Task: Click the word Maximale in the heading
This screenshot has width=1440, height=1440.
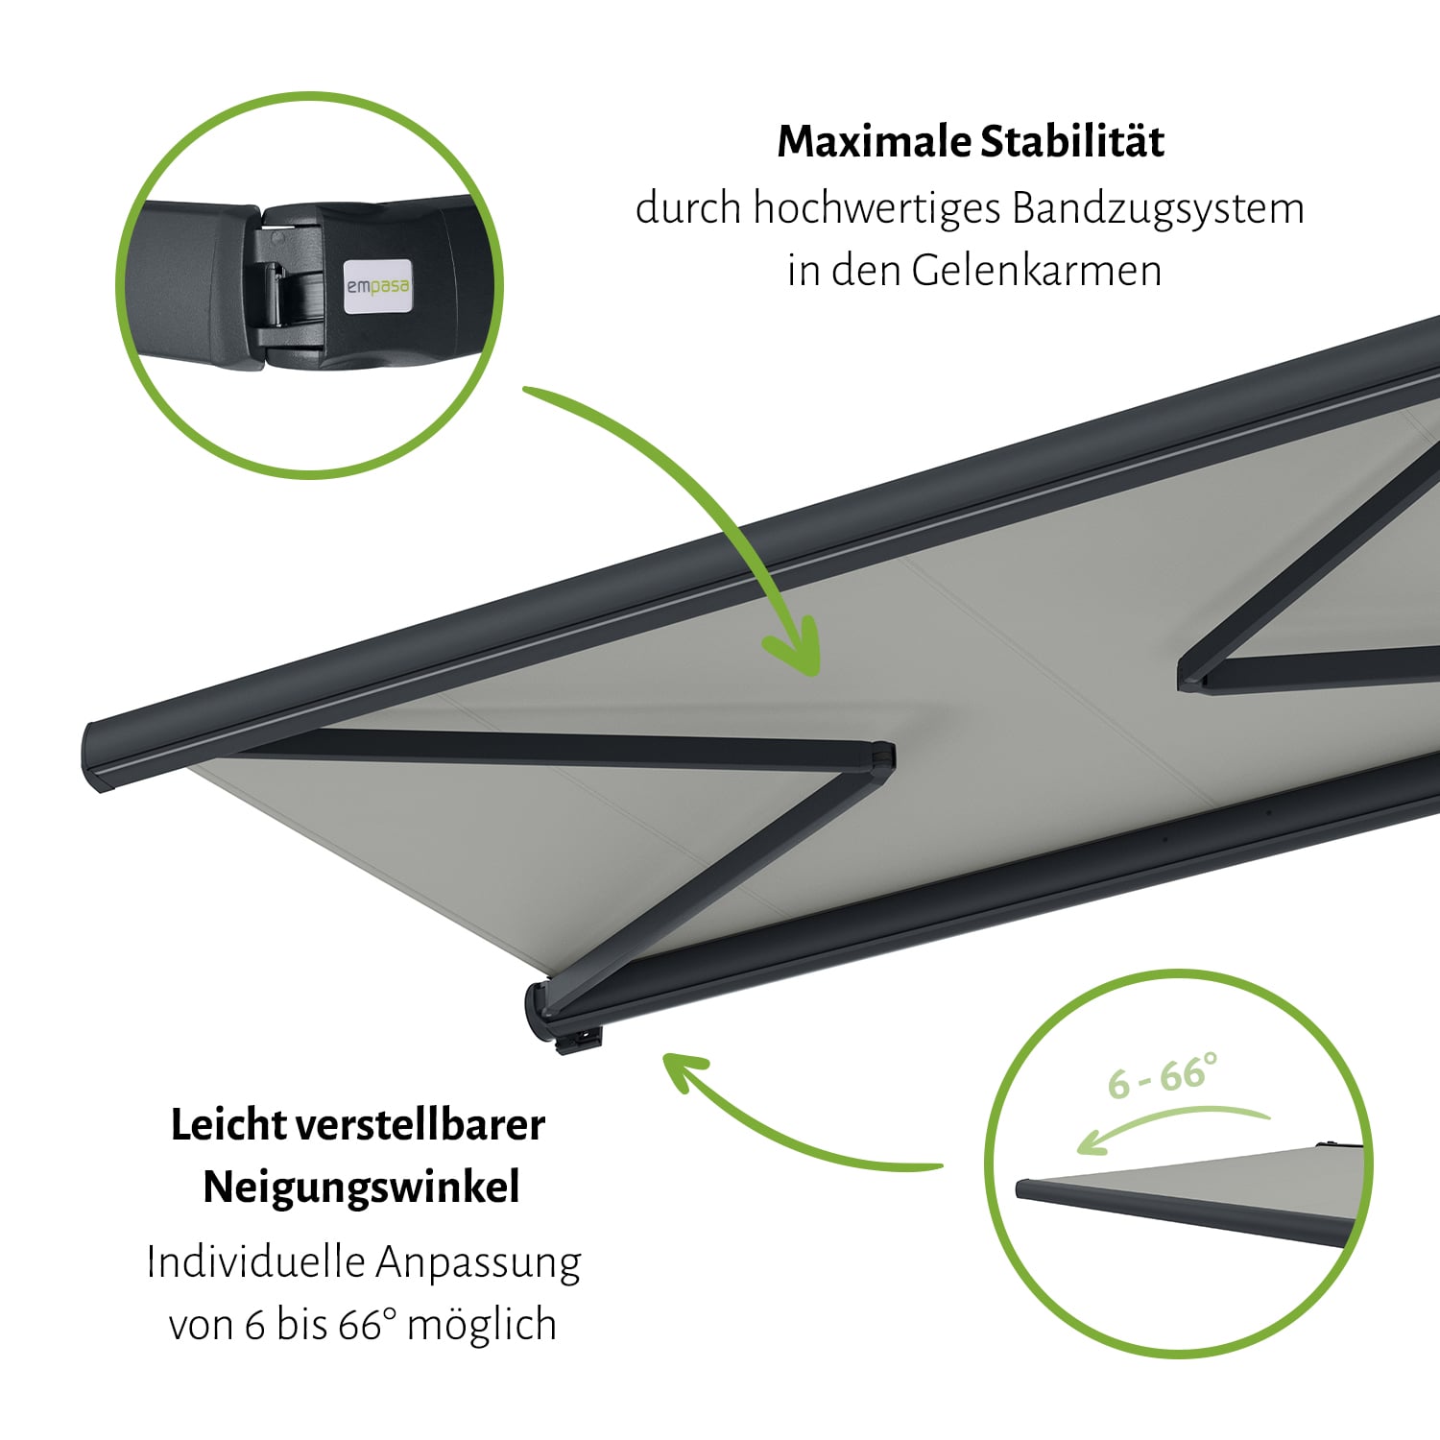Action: click(874, 141)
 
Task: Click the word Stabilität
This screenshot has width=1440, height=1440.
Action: click(1072, 141)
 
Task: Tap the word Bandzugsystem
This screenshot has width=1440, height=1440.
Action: click(1158, 209)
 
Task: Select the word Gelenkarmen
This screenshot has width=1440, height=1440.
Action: click(1036, 270)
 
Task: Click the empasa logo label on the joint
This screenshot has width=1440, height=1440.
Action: click(377, 285)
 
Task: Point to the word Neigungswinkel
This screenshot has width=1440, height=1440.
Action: click(361, 1188)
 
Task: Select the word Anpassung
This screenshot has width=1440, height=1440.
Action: click(478, 1264)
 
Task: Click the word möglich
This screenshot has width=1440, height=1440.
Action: click(482, 1326)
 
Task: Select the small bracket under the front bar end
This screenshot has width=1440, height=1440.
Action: click(580, 1042)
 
